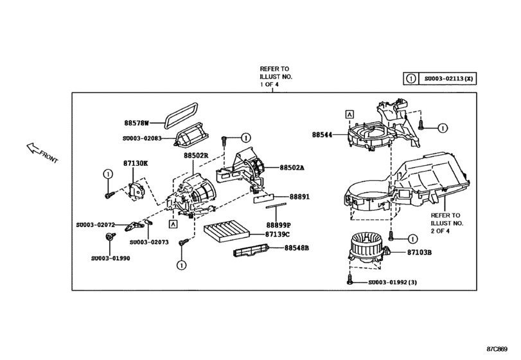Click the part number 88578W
click(x=136, y=122)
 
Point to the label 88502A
click(x=292, y=167)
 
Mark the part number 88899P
click(x=279, y=225)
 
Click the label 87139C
click(x=279, y=235)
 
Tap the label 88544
click(x=324, y=136)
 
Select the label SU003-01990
click(x=107, y=258)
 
